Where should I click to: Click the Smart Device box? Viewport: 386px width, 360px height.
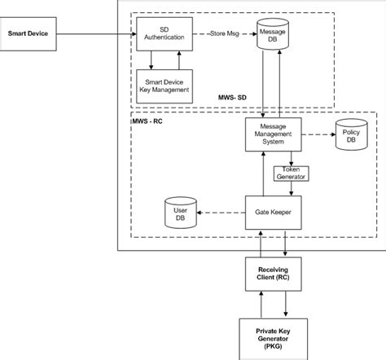tap(28, 34)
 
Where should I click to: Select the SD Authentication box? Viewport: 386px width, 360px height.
tap(164, 34)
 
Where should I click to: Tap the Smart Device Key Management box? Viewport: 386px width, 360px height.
tap(164, 86)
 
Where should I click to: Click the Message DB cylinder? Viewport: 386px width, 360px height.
tap(273, 34)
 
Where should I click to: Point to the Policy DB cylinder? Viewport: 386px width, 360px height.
tap(352, 134)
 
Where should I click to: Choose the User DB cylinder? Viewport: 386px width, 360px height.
tap(181, 213)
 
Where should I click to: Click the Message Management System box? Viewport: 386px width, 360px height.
tap(274, 134)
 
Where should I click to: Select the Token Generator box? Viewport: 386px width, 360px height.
tap(291, 173)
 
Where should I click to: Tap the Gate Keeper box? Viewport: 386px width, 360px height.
tap(274, 213)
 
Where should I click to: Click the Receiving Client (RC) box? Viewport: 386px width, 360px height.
tap(274, 274)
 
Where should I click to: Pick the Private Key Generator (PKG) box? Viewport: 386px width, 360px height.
tap(274, 339)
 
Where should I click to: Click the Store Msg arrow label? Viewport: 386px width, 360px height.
tap(225, 33)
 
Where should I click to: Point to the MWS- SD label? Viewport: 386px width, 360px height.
tap(232, 98)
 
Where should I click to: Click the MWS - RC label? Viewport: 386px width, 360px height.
tap(147, 121)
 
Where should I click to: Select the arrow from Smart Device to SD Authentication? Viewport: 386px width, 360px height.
tap(96, 34)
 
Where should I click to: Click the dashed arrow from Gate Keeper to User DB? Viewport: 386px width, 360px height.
tap(221, 213)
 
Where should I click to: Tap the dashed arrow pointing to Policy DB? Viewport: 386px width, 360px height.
tap(318, 134)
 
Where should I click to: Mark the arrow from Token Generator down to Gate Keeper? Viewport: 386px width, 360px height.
tap(291, 188)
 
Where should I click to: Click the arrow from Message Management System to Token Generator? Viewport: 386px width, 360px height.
tap(291, 159)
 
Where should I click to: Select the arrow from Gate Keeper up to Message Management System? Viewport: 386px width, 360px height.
tap(263, 173)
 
